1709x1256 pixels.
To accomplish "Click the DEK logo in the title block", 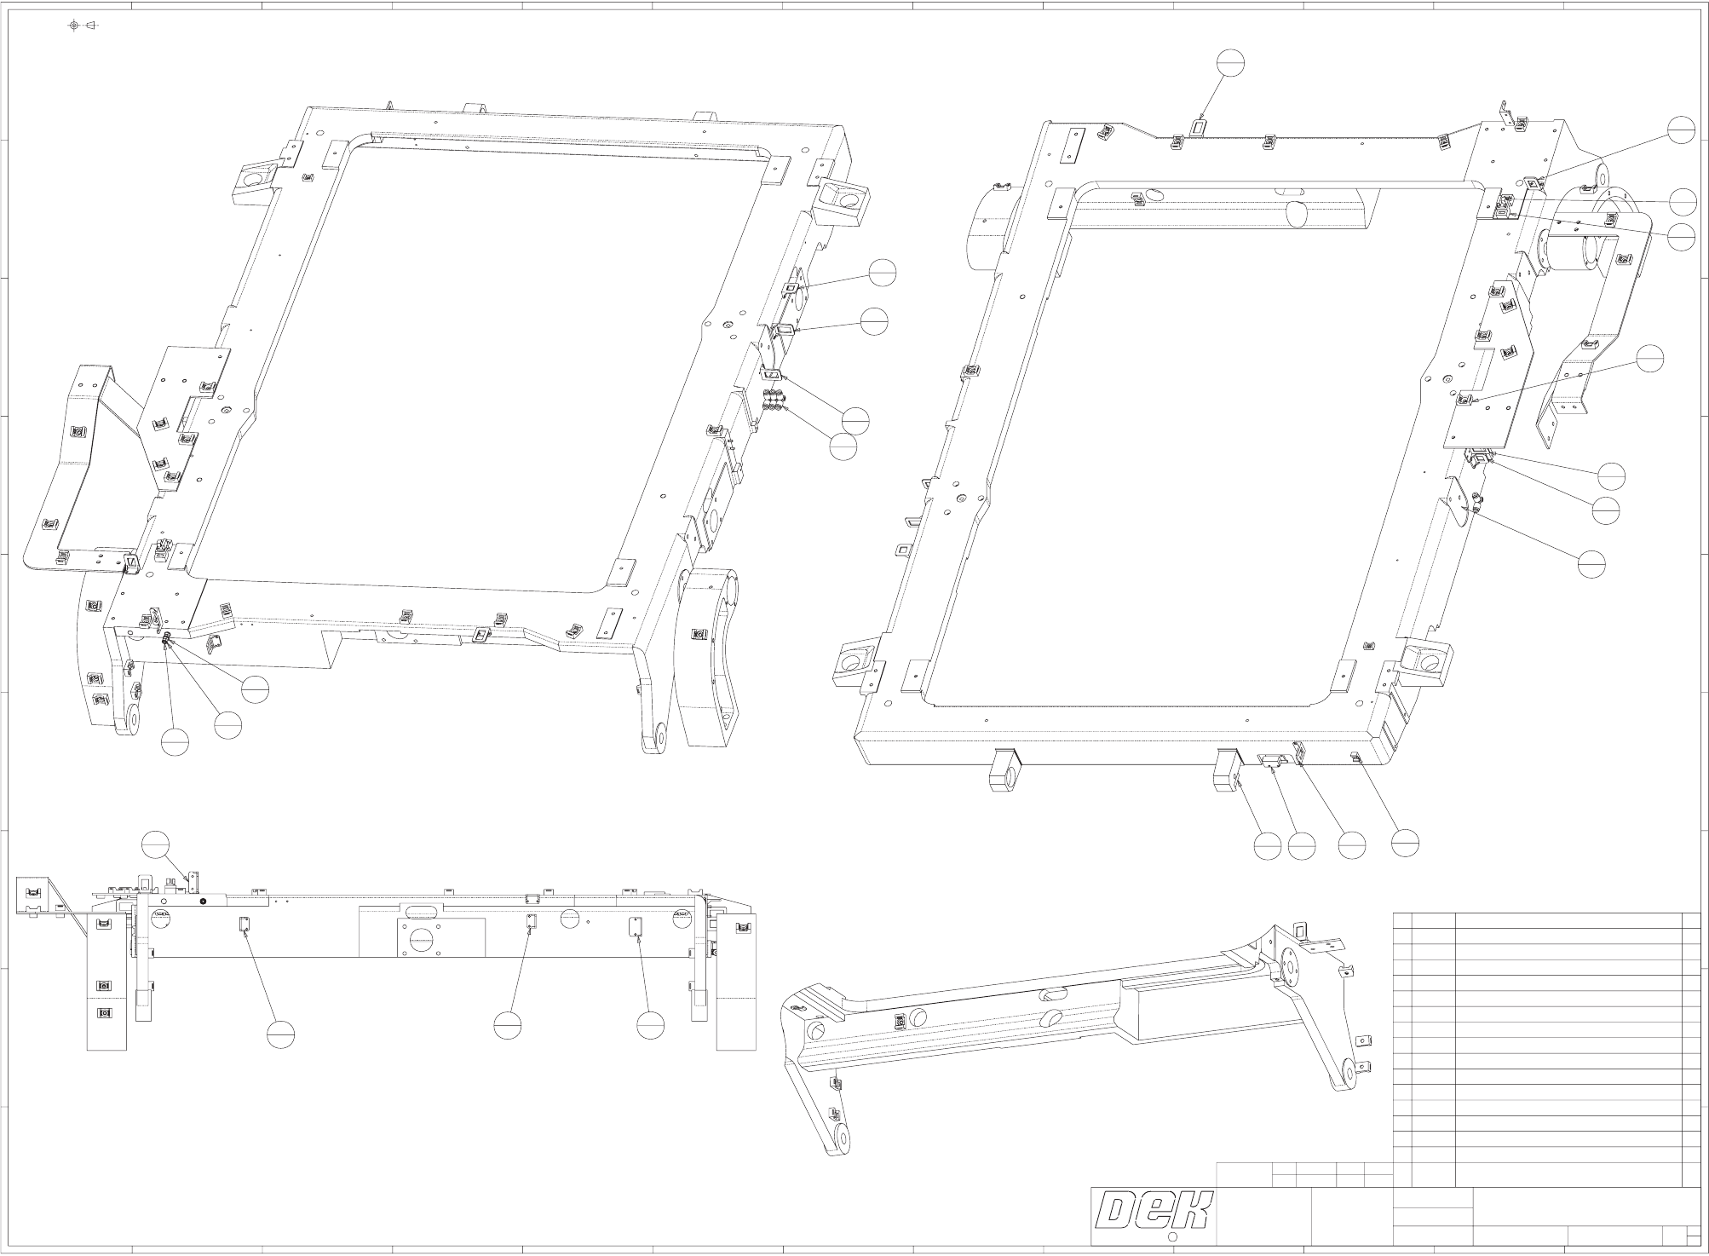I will (x=1154, y=1211).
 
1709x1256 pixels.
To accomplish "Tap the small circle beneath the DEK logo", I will (x=1171, y=1237).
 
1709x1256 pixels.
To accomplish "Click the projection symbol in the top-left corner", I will (x=83, y=25).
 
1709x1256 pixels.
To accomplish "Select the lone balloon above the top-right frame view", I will (x=1231, y=62).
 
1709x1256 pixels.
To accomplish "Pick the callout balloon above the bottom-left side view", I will (x=156, y=842).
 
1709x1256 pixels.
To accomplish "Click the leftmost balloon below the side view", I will (x=280, y=1033).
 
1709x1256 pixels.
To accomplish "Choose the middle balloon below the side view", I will (x=508, y=1025).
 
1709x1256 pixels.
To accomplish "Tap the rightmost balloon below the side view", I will (x=651, y=1025).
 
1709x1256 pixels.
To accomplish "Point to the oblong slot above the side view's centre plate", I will (x=420, y=909).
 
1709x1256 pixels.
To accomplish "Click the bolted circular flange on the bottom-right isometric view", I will (x=1287, y=968).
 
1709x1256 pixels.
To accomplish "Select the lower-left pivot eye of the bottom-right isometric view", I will (x=843, y=1138).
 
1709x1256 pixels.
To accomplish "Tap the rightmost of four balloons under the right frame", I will (x=1405, y=843).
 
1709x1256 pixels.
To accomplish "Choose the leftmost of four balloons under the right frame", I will (x=1268, y=845).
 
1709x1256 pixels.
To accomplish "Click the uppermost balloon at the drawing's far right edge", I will (x=1682, y=130).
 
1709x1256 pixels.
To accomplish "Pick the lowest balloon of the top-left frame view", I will (x=175, y=742).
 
